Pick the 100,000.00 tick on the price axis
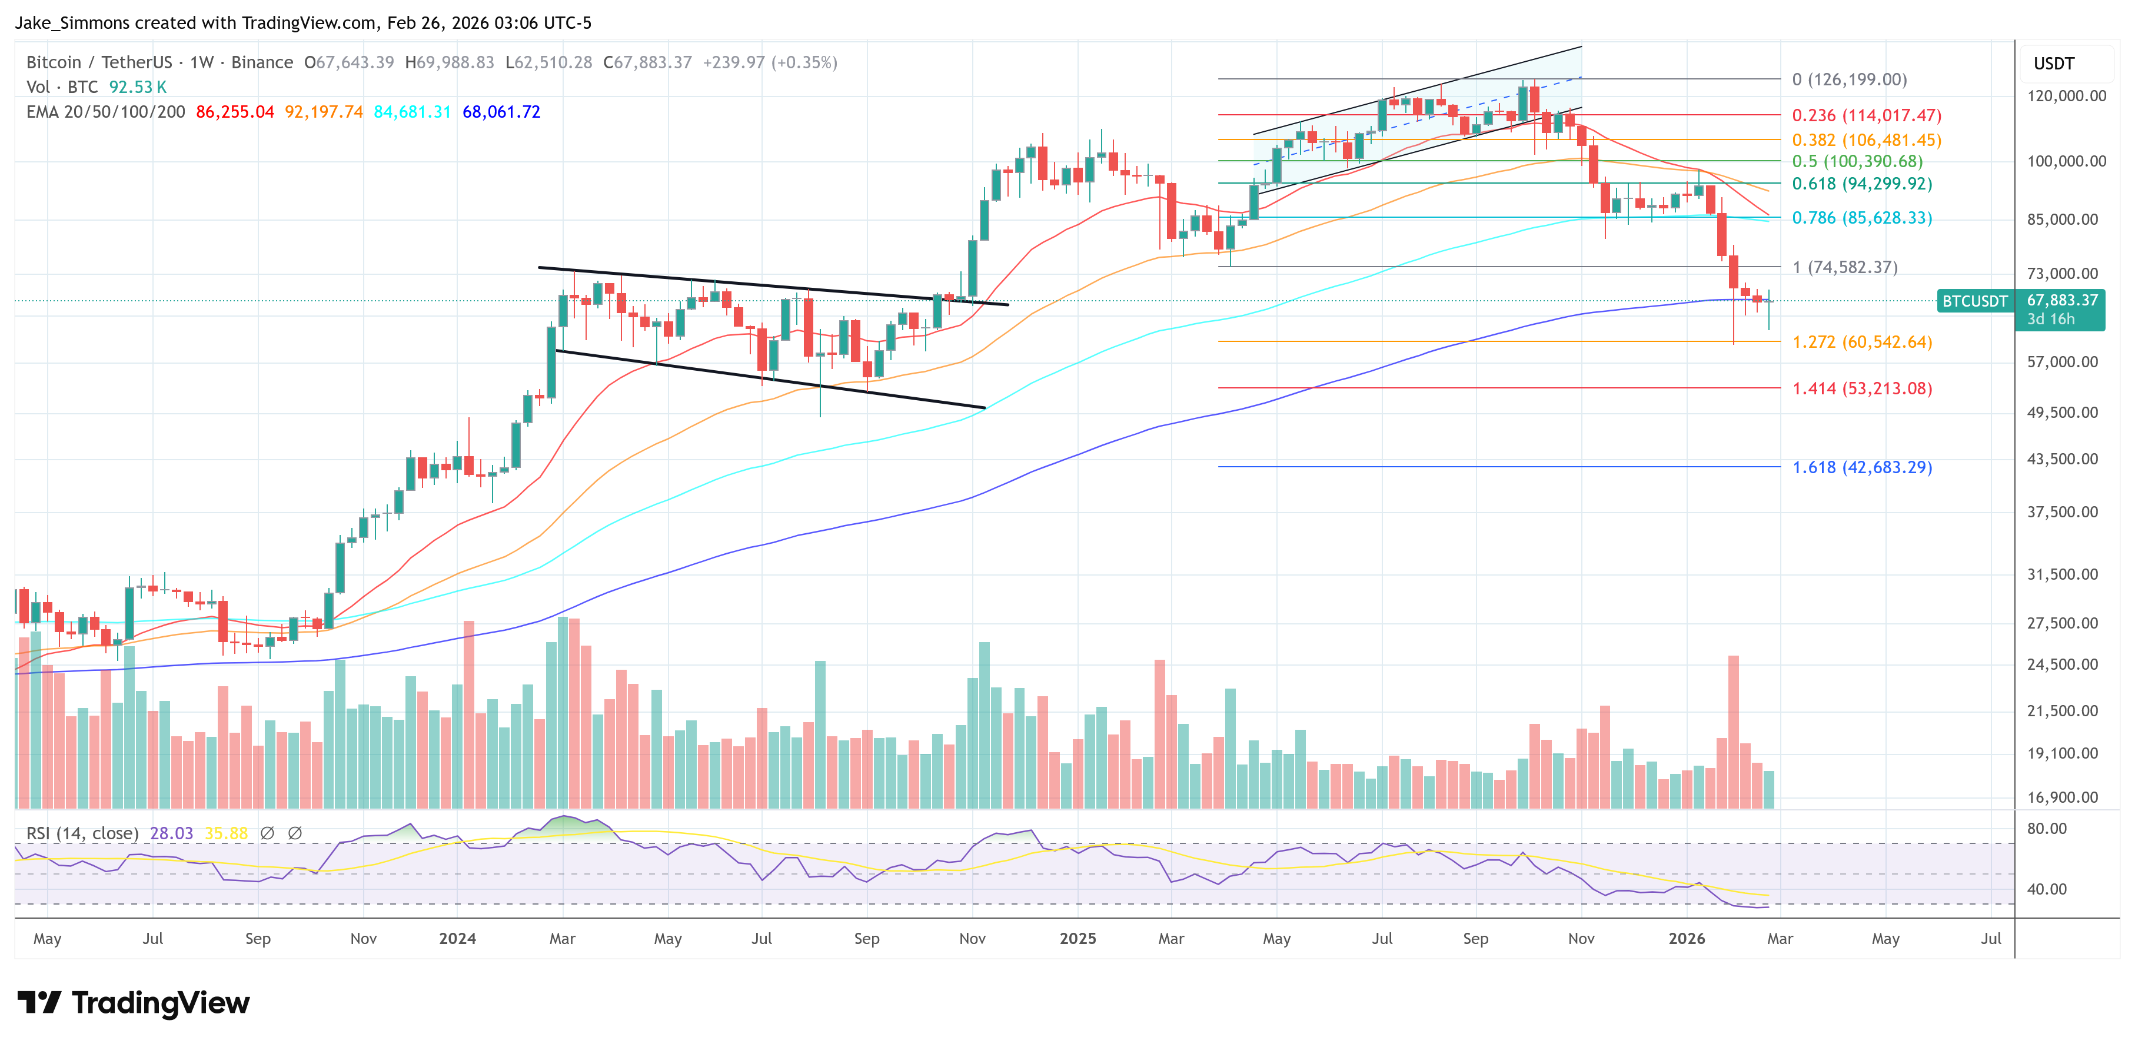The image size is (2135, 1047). (x=2066, y=161)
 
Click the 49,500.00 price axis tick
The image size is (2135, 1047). (x=2062, y=413)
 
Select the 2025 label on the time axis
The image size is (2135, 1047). (x=1078, y=938)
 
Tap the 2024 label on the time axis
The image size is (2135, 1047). (x=457, y=938)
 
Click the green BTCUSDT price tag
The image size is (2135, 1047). (x=1974, y=301)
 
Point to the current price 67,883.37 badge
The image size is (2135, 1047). (x=2062, y=300)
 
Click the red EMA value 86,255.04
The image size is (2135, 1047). (x=235, y=112)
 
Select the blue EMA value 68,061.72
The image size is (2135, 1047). (x=501, y=112)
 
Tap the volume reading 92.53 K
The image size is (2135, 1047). (x=138, y=87)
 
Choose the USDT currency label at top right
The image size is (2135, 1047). (x=2053, y=64)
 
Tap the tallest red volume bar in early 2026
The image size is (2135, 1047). (x=1733, y=730)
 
